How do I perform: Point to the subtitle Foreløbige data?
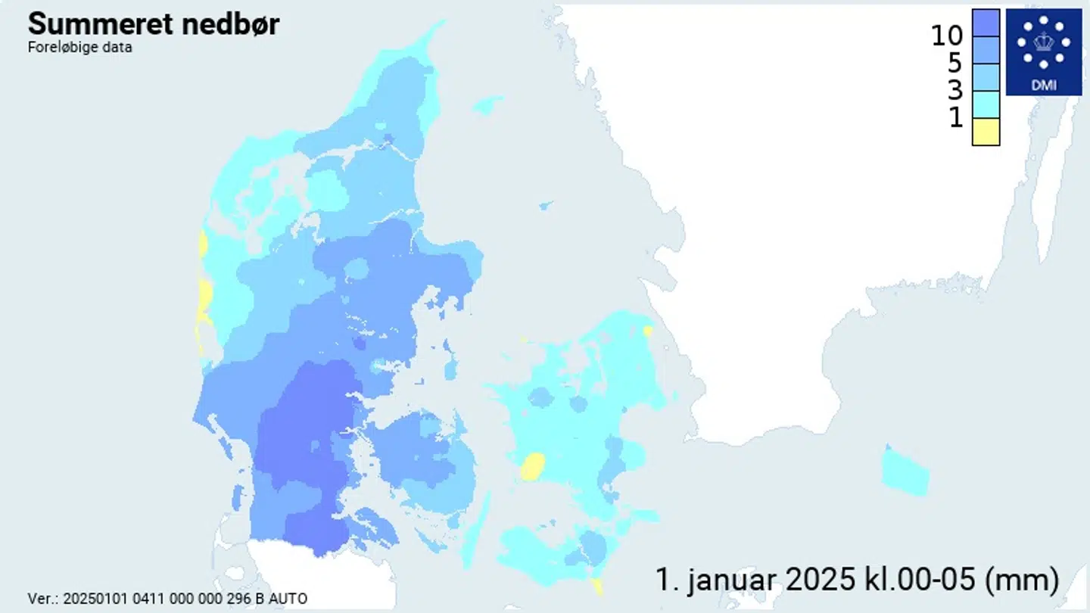coord(79,47)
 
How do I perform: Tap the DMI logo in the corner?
coord(1043,52)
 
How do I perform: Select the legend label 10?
coord(946,35)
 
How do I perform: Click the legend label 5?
coord(955,63)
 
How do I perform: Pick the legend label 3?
coord(955,90)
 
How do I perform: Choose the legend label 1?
coord(956,117)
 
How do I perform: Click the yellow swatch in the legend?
coord(986,132)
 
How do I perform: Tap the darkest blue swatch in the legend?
coord(986,23)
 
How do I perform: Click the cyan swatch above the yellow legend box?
coord(986,104)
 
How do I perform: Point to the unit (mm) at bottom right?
coord(1021,580)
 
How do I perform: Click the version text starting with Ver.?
coord(167,599)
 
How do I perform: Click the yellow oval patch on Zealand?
coord(533,465)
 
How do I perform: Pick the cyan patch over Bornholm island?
coord(905,471)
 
